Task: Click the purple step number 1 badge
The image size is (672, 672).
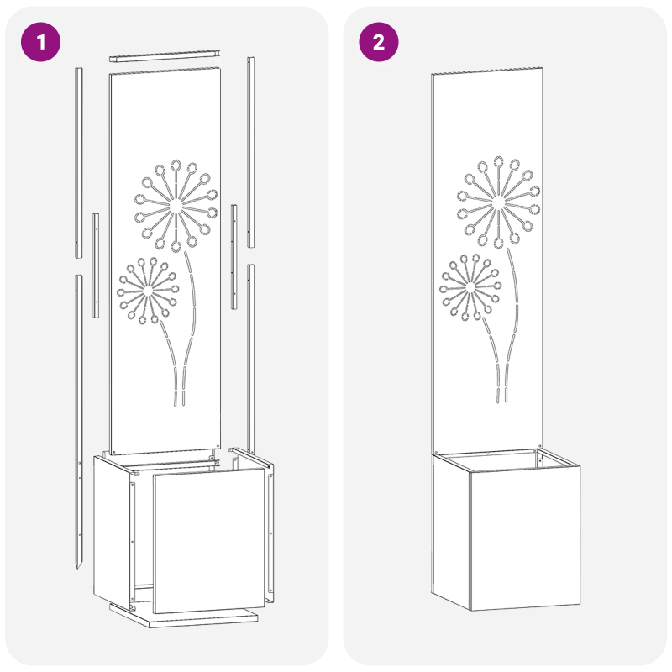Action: [x=40, y=42]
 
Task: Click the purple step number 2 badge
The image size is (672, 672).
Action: [x=379, y=42]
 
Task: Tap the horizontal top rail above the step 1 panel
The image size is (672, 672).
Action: [x=165, y=55]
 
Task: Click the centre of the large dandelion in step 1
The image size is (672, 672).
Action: [x=176, y=207]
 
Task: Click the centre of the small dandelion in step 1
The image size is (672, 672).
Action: [x=148, y=291]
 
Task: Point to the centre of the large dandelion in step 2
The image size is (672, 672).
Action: [x=498, y=202]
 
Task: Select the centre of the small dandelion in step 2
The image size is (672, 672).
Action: [x=470, y=287]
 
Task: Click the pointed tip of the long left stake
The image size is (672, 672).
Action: [x=77, y=569]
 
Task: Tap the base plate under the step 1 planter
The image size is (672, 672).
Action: [x=184, y=616]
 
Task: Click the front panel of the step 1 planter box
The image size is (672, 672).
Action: [x=209, y=540]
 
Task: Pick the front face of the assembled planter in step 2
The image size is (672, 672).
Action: [x=526, y=538]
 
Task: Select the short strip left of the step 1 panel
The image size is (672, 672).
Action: [x=96, y=265]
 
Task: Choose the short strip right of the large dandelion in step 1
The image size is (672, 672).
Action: [x=234, y=257]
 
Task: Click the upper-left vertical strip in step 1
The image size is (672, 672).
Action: [x=79, y=163]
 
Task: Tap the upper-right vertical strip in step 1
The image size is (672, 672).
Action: [x=250, y=152]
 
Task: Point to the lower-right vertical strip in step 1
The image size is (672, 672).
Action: [x=250, y=360]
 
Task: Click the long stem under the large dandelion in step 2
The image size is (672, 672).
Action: [x=513, y=326]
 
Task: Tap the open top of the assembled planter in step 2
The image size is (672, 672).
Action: [x=506, y=459]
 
